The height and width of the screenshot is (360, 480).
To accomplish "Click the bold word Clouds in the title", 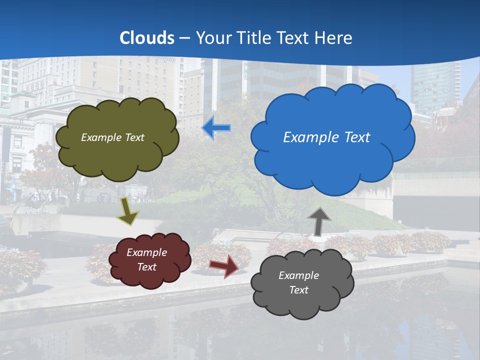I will pos(147,38).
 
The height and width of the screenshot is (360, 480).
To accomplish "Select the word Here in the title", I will pos(334,38).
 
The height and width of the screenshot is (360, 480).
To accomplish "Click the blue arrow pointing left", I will pos(216,128).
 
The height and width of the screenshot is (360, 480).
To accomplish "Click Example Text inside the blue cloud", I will pos(326,137).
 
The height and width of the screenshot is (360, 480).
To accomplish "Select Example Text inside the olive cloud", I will pos(112,137).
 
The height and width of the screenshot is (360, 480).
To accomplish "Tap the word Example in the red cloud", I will pos(146,252).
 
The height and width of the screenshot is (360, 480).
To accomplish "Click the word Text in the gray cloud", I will pos(298,290).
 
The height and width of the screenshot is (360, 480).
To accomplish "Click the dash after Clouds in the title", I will pos(185,38).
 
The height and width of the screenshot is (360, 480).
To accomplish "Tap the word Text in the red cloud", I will pos(146,267).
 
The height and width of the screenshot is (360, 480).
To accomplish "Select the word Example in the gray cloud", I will pos(298,275).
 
